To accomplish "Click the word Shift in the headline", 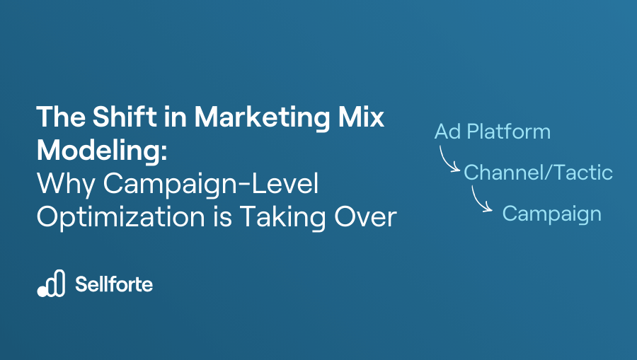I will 118,117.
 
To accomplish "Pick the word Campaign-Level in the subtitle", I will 212,183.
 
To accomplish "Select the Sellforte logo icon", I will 51,284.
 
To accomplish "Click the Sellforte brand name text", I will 114,284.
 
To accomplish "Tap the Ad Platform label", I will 492,132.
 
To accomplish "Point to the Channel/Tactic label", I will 538,172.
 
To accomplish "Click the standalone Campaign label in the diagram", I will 551,213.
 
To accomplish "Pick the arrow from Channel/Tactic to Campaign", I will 482,202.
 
